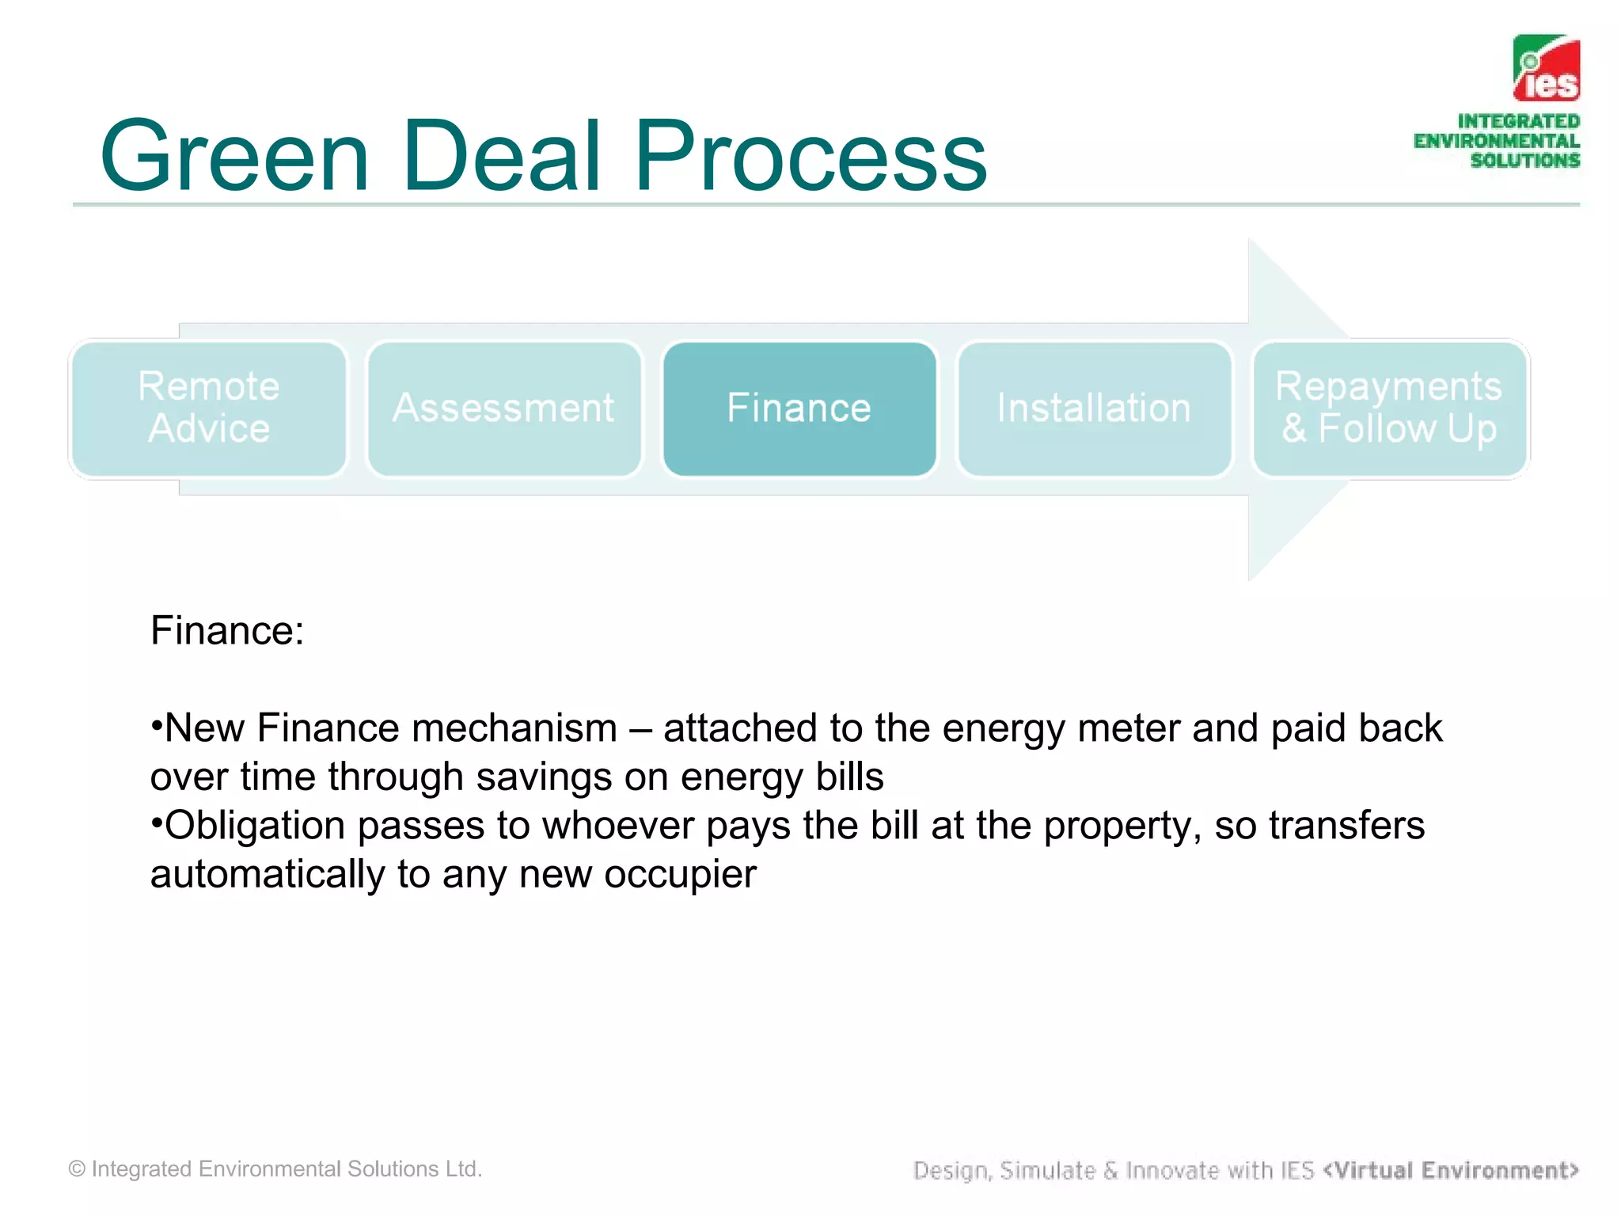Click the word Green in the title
coord(234,156)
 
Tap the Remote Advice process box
coord(208,408)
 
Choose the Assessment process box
coord(503,408)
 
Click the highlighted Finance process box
coord(799,408)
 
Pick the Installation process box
coord(1094,408)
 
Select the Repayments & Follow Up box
coord(1389,408)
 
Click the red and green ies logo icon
coord(1546,68)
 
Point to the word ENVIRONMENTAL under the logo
coord(1496,142)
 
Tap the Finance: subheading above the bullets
coord(227,632)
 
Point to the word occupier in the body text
coord(680,875)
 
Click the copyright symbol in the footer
coord(77,1169)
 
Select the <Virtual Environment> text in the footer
coord(1450,1170)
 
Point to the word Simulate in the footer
coord(1047,1170)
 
